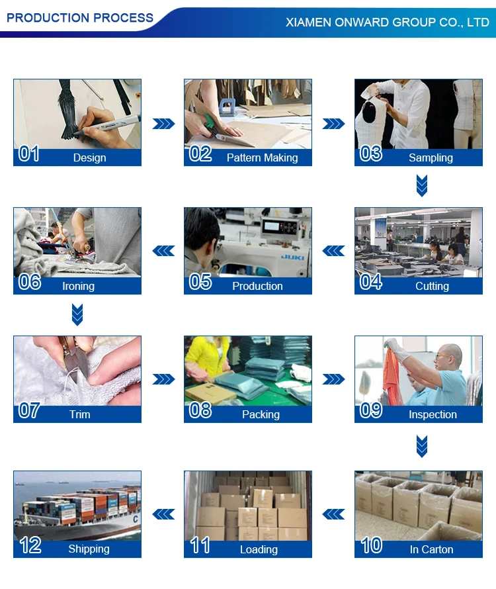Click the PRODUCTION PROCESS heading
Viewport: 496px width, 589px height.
[x=80, y=18]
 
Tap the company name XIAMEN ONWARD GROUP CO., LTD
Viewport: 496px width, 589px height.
[x=388, y=22]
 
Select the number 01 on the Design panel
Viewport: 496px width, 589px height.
[x=29, y=154]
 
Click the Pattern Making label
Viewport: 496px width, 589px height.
[x=262, y=158]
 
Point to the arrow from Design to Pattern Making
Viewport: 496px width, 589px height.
[x=164, y=124]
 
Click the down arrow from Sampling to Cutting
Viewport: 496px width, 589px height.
[x=422, y=185]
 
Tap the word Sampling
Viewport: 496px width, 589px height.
[x=431, y=158]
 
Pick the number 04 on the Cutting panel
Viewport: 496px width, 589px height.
[x=370, y=282]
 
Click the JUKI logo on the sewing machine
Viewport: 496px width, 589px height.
[x=293, y=257]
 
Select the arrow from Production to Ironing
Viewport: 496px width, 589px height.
[x=163, y=251]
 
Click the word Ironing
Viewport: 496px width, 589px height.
[x=78, y=287]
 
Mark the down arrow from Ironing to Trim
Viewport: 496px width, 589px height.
[x=77, y=314]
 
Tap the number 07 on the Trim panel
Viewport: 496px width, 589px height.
[x=29, y=410]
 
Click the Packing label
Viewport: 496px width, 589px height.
[x=261, y=414]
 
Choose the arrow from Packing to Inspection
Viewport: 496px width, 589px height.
[x=333, y=379]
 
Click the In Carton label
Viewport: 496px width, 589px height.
[x=431, y=549]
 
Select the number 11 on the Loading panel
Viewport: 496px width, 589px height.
[x=200, y=545]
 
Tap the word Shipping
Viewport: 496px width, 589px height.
[x=89, y=549]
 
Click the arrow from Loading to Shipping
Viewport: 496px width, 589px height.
[x=163, y=514]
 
